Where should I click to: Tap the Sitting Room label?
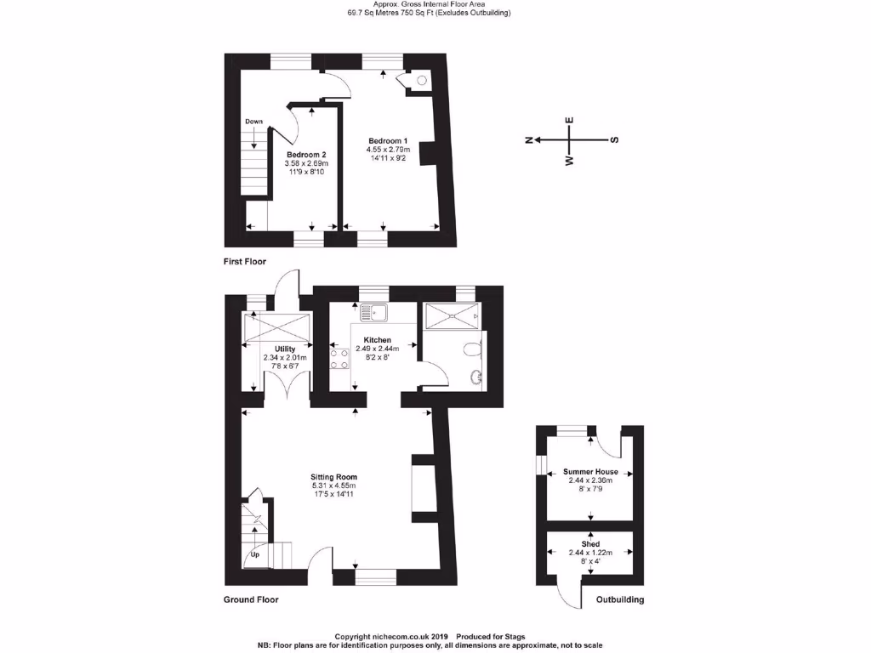point(333,477)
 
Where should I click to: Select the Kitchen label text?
point(376,339)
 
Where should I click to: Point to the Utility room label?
point(284,349)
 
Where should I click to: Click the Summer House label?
point(589,471)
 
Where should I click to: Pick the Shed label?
point(590,543)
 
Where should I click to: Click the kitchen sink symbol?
point(373,314)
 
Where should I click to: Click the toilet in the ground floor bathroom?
point(474,348)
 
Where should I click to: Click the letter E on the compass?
point(570,120)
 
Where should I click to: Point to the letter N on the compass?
point(528,139)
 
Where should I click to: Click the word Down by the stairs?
point(253,122)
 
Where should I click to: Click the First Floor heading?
point(245,261)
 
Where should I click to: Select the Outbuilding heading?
point(619,599)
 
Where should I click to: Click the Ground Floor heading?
point(251,599)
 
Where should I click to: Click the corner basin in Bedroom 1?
point(422,81)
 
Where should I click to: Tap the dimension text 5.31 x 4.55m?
point(333,485)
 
